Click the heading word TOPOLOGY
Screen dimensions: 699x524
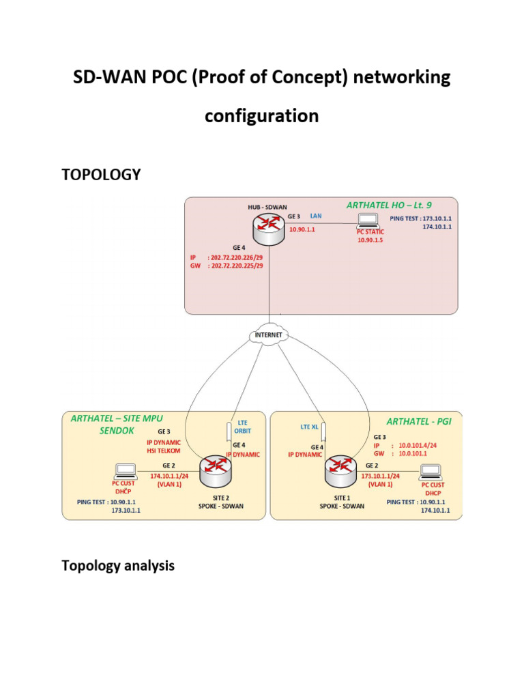pos(101,175)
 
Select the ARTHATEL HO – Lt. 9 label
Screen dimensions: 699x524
pos(389,204)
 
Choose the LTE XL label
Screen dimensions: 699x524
pos(310,427)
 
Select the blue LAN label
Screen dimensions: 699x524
pos(316,216)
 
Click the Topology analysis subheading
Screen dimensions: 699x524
pos(118,565)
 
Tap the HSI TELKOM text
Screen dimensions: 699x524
pos(161,451)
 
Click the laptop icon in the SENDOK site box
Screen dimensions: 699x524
pos(126,470)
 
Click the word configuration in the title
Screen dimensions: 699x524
pos(262,116)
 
